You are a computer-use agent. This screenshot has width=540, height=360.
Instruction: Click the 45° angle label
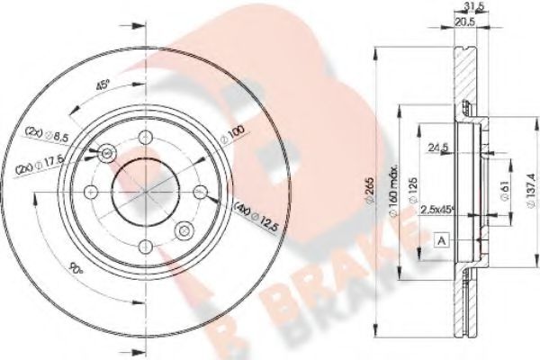[x=103, y=86]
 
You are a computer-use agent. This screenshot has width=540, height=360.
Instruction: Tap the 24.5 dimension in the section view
[x=439, y=146]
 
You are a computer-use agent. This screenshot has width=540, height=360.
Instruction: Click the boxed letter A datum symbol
[x=441, y=240]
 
